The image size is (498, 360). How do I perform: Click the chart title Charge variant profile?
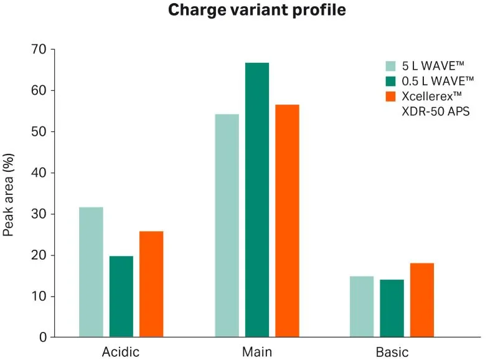(x=249, y=11)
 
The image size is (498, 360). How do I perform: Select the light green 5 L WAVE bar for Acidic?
(x=91, y=272)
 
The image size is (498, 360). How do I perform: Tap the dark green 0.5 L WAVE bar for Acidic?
(x=121, y=296)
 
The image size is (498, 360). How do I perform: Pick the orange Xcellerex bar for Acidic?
(x=151, y=284)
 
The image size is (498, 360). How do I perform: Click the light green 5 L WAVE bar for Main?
(x=227, y=225)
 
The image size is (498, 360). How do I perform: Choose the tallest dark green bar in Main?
(x=257, y=199)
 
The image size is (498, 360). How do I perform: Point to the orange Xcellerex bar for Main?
(x=287, y=220)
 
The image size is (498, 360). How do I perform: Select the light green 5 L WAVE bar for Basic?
(x=362, y=306)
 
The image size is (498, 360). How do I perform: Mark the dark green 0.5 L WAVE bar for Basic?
(x=392, y=308)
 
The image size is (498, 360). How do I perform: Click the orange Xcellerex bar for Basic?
(x=422, y=300)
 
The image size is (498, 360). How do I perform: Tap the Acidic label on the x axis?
(x=121, y=352)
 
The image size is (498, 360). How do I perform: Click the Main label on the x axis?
(x=256, y=352)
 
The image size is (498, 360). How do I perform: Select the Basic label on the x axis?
(x=392, y=352)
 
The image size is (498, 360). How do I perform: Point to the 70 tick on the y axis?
(x=39, y=49)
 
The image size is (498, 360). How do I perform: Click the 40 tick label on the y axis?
(x=39, y=173)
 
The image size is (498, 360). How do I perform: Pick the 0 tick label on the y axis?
(x=43, y=337)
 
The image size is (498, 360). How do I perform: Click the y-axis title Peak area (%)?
(x=9, y=193)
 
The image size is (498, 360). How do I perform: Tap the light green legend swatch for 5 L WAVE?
(x=391, y=65)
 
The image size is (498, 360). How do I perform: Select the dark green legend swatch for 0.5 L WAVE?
(x=391, y=81)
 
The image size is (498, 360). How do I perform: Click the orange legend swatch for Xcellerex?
(x=391, y=97)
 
